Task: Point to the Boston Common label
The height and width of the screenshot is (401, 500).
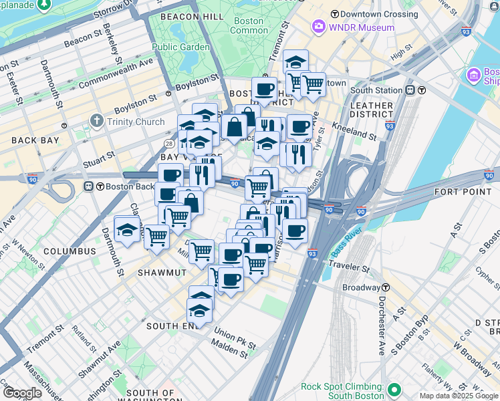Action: pos(249,25)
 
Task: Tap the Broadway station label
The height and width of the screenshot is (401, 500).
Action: pos(362,287)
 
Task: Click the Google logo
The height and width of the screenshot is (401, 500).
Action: pos(22,393)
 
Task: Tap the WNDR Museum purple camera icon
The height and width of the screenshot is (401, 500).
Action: pos(318,27)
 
